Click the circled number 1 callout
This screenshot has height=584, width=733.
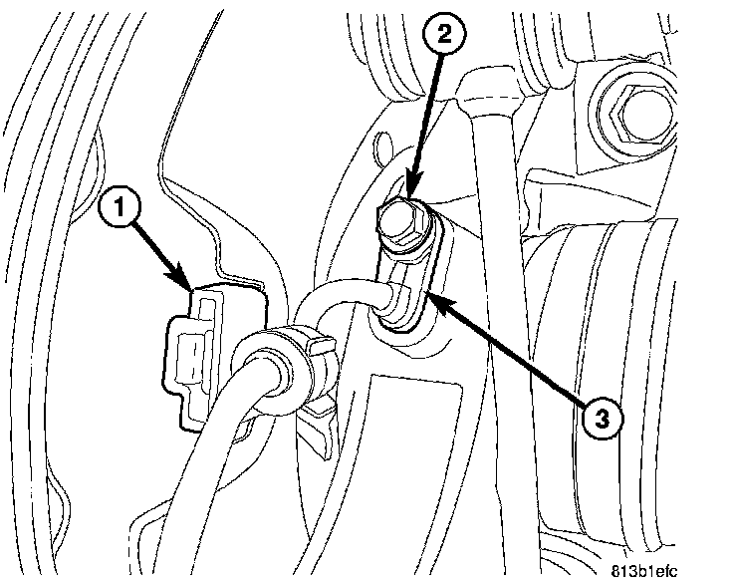121,209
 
